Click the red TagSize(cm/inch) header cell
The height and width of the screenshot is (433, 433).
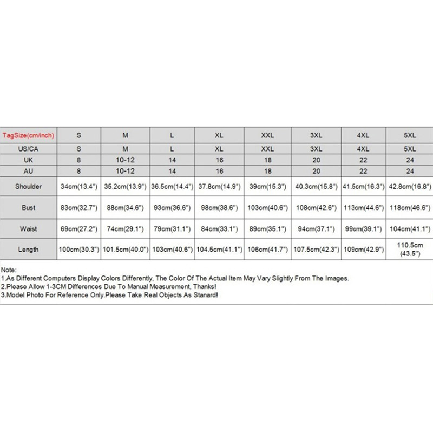point(29,135)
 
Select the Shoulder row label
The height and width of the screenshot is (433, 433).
point(29,187)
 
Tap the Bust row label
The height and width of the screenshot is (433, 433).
point(29,207)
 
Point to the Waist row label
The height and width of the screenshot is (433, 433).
point(29,228)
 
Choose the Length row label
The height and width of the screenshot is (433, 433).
point(29,250)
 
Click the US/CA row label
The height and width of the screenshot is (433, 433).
point(29,148)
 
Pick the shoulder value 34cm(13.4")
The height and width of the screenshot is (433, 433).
point(80,187)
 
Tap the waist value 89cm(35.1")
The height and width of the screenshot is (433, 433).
point(268,228)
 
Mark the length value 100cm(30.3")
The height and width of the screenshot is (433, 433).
point(80,250)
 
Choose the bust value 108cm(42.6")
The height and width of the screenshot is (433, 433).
point(316,207)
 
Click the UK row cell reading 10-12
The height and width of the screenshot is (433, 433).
point(126,161)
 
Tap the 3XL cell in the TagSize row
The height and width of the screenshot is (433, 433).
point(316,135)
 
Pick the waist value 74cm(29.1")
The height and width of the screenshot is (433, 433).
point(126,228)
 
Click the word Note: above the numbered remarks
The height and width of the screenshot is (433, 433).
point(9,269)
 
